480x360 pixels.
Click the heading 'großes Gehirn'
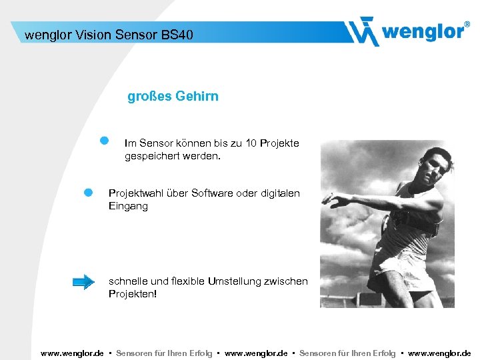[x=173, y=97]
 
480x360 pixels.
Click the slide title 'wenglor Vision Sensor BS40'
[x=109, y=34]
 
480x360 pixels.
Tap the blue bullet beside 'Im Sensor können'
[x=104, y=141]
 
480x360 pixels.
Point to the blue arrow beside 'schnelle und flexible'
[x=83, y=282]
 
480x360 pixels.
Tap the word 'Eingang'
[x=128, y=207]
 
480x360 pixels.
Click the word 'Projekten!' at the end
[x=133, y=294]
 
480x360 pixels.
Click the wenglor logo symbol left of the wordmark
[x=363, y=31]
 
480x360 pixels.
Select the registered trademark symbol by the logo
[x=466, y=24]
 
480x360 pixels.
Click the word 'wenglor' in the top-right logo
[x=423, y=32]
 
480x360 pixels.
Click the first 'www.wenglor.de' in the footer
[x=72, y=353]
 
